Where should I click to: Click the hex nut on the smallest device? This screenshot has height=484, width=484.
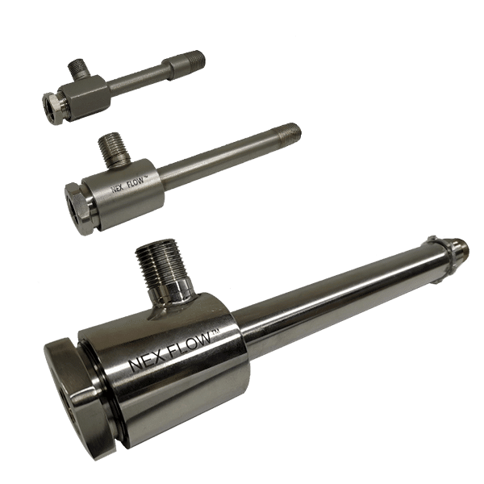(x=52, y=108)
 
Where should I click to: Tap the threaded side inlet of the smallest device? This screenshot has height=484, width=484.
(x=77, y=69)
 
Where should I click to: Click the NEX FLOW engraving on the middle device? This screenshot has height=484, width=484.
(x=127, y=185)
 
